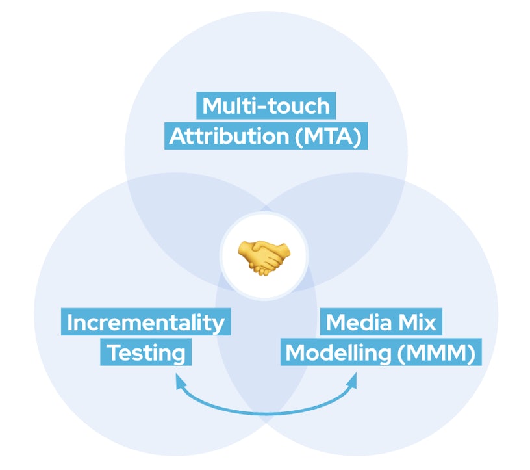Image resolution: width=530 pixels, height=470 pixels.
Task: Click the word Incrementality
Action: [x=145, y=322]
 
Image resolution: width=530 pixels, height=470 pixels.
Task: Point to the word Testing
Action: [x=145, y=353]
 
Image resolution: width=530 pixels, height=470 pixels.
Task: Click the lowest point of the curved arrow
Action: [x=266, y=411]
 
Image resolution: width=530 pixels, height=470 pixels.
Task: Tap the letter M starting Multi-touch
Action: [x=212, y=105]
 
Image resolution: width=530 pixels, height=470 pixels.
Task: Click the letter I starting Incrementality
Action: [x=70, y=322]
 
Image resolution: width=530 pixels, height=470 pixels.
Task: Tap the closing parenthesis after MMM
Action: [x=475, y=354]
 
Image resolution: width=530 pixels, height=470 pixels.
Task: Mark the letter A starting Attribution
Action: [x=178, y=137]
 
